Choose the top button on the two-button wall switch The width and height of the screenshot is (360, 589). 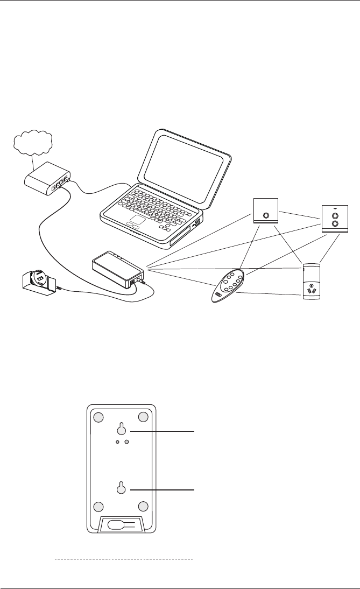tap(335, 213)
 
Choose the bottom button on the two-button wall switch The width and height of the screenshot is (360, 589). tap(335, 222)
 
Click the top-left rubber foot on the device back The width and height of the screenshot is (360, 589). tap(98, 417)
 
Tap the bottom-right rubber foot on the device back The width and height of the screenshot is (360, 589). tap(143, 507)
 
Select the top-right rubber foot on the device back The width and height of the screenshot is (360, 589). tap(143, 417)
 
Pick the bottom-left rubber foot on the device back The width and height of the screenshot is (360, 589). tap(98, 507)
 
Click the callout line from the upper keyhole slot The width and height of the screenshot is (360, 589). tap(161, 431)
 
